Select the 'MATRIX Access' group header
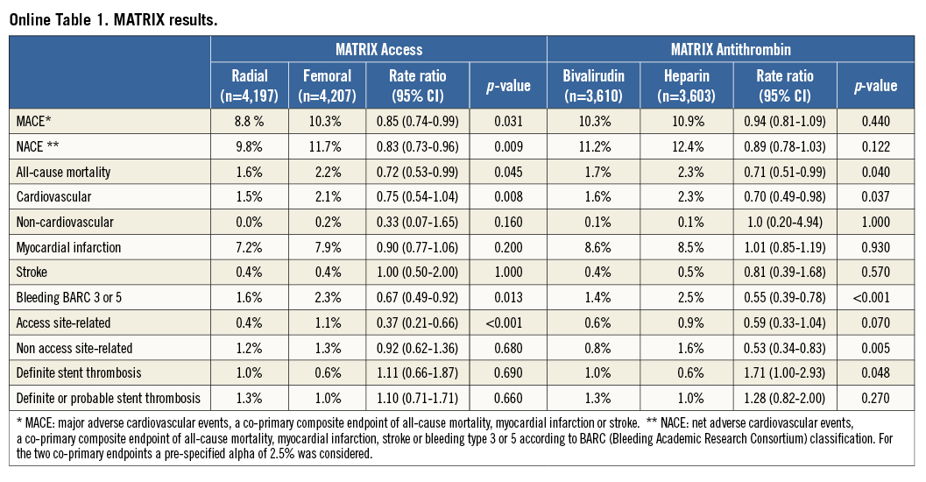click(378, 49)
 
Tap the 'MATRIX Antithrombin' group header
click(734, 49)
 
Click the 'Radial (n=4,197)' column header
click(250, 85)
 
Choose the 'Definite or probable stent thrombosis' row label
click(109, 398)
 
